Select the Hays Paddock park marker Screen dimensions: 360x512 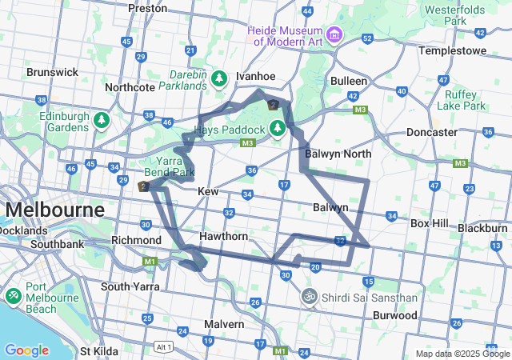[278, 127]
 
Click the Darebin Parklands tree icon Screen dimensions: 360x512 [220, 79]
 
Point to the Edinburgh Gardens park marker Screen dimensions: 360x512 [102, 121]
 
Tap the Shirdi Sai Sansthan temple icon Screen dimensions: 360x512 [309, 297]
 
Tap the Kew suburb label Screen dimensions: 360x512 [208, 192]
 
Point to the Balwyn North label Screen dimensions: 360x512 [338, 153]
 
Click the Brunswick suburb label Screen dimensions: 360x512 [52, 72]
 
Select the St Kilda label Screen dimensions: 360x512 [99, 350]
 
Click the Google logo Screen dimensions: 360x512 [26, 350]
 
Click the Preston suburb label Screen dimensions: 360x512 [148, 8]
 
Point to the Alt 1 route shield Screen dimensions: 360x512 [162, 346]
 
